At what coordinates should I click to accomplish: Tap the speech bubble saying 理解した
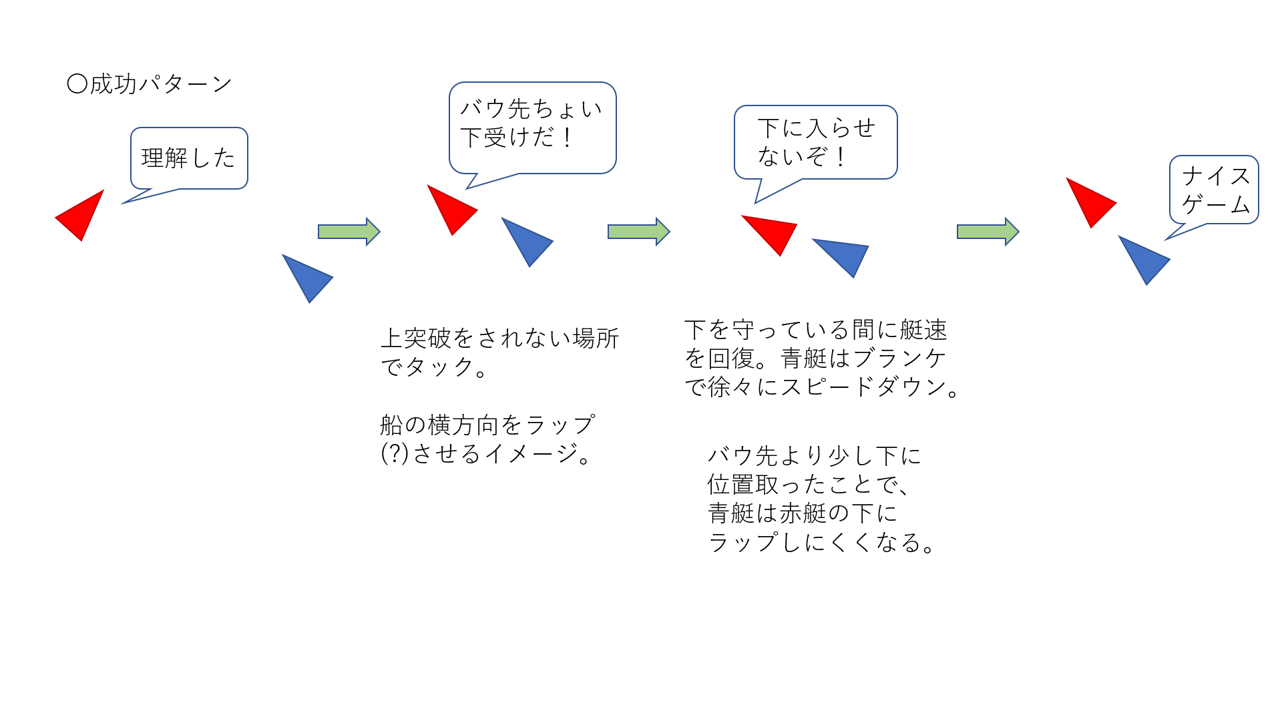(189, 158)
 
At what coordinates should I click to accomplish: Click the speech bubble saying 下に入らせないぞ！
(815, 142)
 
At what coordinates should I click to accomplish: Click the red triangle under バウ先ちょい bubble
(451, 209)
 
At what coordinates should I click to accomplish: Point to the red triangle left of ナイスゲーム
(1090, 201)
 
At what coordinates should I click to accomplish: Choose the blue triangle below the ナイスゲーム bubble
(1144, 259)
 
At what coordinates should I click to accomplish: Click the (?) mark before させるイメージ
(395, 454)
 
